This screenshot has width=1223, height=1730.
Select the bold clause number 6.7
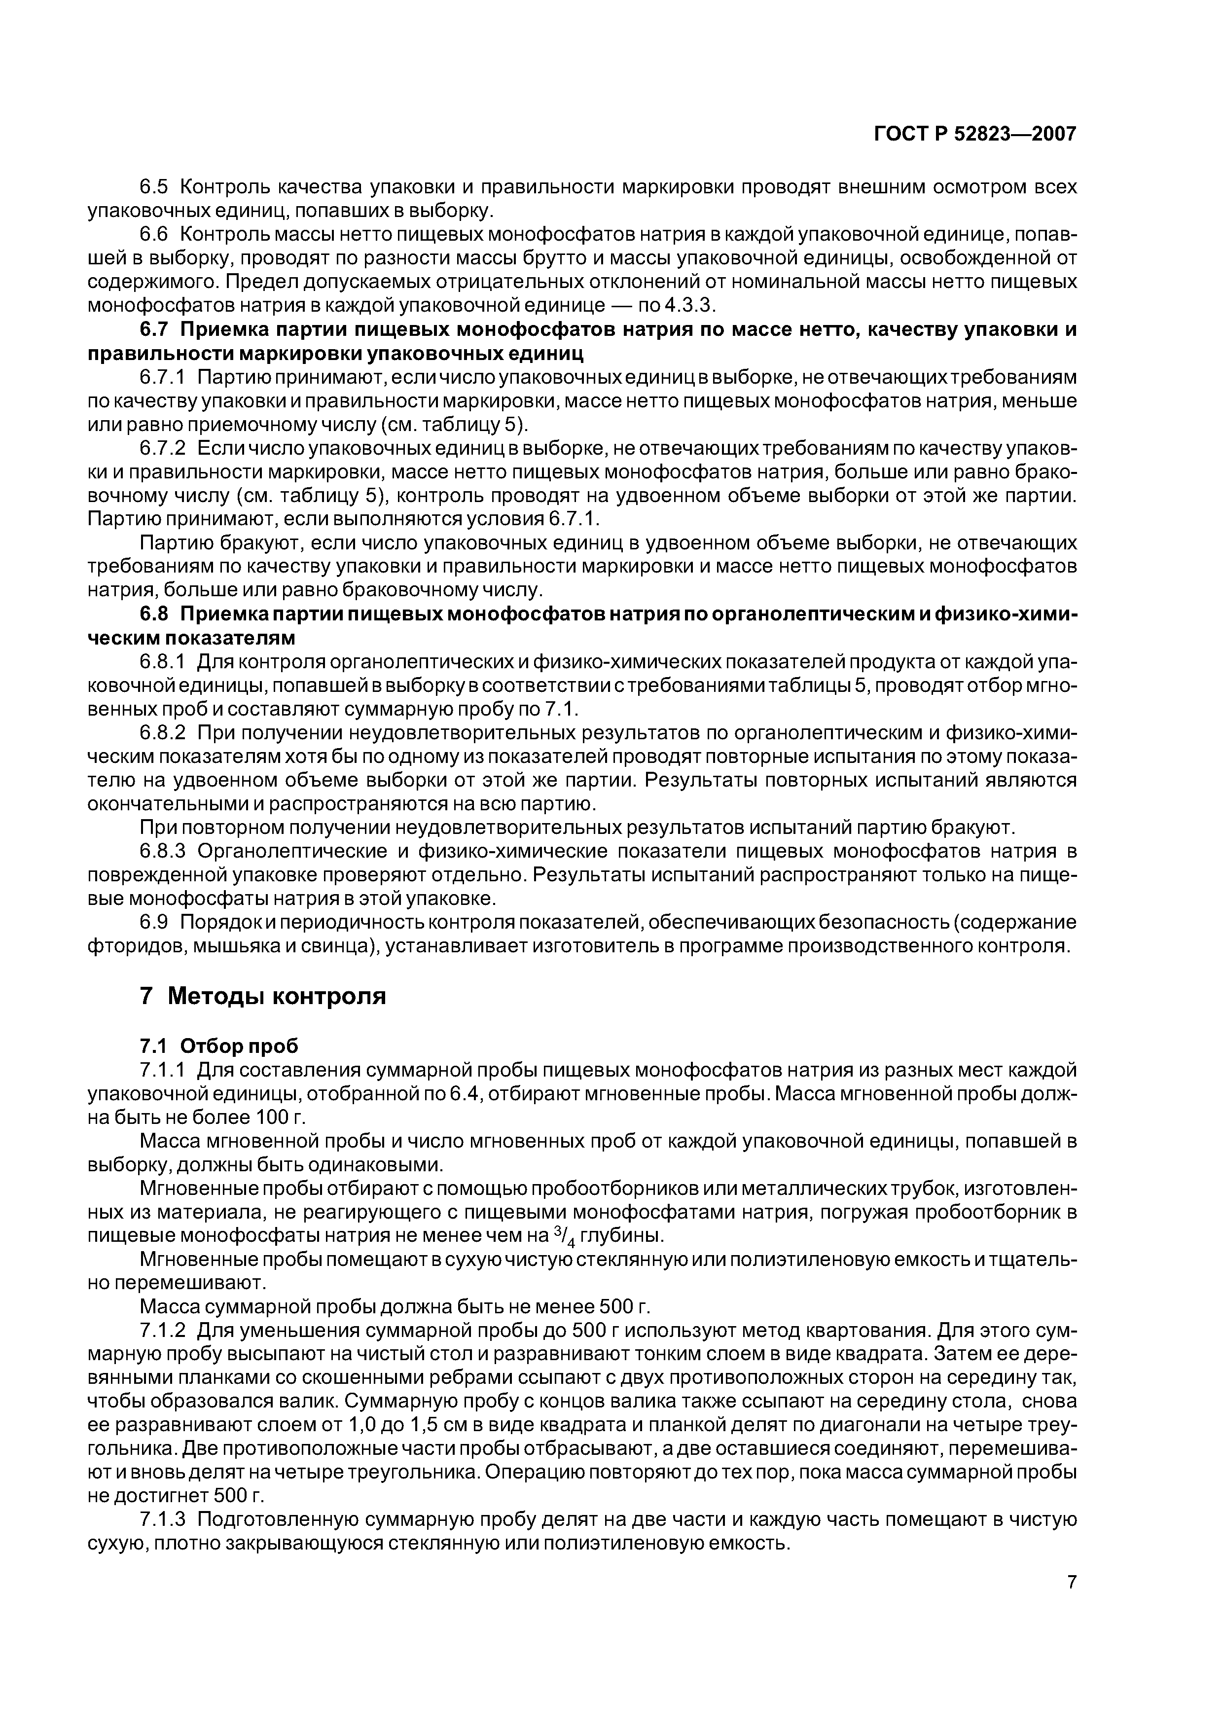click(x=157, y=329)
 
